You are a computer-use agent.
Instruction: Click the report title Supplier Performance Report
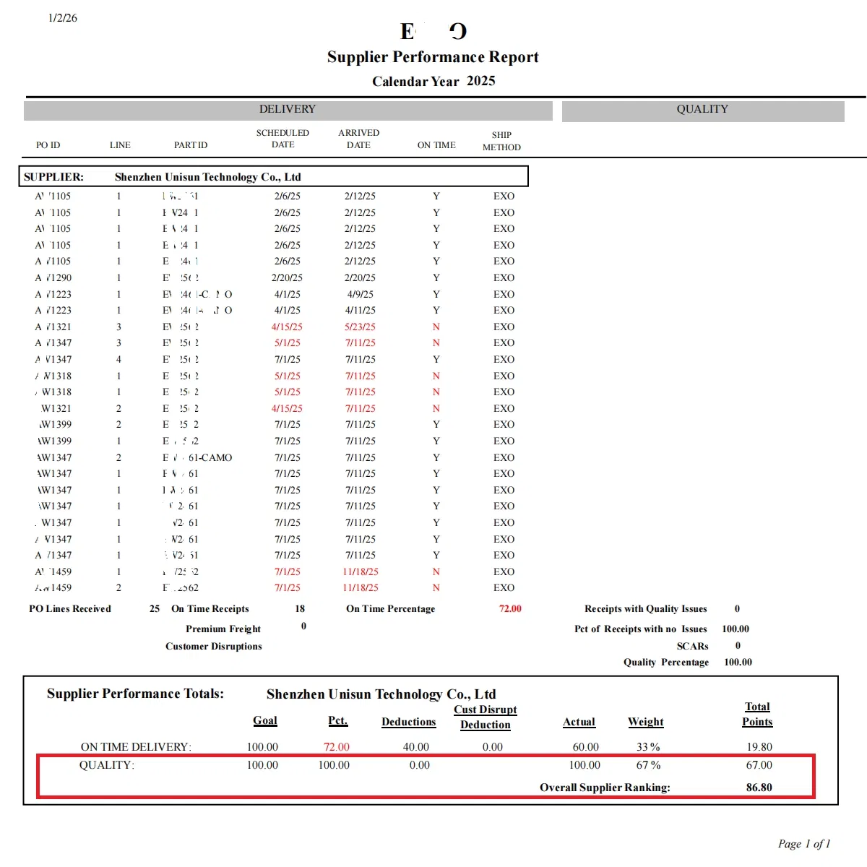click(433, 57)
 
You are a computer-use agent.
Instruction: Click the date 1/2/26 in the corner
click(63, 18)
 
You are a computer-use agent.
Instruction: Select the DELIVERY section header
click(288, 110)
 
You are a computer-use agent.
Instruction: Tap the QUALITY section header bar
click(702, 110)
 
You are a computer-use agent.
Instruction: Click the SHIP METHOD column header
click(501, 141)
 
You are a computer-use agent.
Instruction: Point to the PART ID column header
click(191, 145)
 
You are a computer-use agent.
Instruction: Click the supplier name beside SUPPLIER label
click(207, 177)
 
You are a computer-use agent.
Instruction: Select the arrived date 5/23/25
click(360, 327)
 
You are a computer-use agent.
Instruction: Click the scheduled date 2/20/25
click(287, 277)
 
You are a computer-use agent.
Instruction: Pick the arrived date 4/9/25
click(360, 294)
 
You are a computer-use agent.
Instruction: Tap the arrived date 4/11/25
click(360, 310)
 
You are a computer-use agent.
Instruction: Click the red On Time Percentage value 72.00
click(510, 609)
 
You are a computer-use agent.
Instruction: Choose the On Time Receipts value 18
click(300, 609)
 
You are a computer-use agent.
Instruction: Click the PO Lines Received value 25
click(155, 609)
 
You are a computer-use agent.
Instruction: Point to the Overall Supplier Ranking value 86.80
click(759, 788)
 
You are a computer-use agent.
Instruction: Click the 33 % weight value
click(648, 747)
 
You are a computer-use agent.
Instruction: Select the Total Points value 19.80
click(759, 747)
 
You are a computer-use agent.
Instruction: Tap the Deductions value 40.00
click(415, 747)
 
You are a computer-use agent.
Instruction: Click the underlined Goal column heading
click(265, 721)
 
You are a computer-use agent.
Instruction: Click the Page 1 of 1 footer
click(803, 844)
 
